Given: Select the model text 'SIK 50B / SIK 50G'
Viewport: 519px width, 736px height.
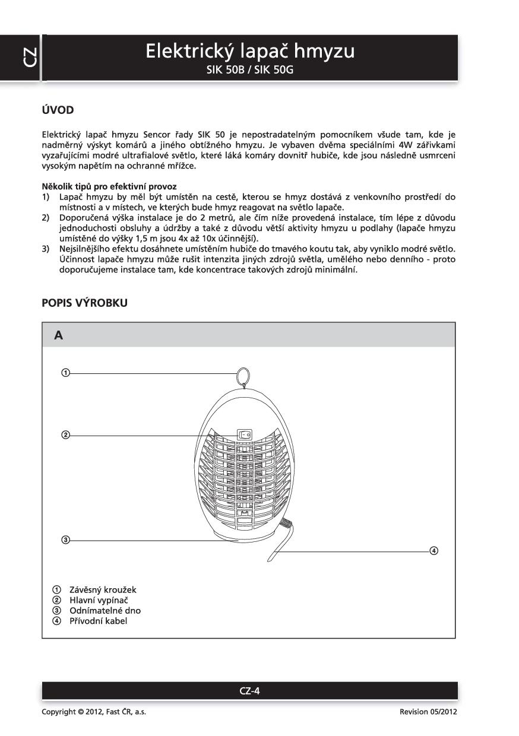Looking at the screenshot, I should (x=250, y=70).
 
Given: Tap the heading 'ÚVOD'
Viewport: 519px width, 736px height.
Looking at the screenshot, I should (x=58, y=110).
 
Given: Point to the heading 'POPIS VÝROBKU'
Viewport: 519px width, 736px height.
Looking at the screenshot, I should (x=84, y=303).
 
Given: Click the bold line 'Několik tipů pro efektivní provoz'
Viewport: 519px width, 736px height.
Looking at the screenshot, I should (x=109, y=186).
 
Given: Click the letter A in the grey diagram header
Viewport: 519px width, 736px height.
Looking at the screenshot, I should (x=58, y=335).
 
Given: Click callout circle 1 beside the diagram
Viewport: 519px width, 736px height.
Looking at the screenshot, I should (x=65, y=373).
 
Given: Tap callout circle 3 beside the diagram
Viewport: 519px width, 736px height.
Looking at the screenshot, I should (x=65, y=540).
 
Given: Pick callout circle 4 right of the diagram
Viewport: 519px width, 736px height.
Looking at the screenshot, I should (x=434, y=551).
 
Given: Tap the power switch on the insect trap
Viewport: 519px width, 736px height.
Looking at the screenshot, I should (x=245, y=434).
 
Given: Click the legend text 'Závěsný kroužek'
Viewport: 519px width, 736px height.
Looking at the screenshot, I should (x=103, y=590).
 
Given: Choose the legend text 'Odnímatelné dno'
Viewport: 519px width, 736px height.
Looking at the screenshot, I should (x=105, y=610).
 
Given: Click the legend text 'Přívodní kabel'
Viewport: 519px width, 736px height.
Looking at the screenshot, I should (x=99, y=621).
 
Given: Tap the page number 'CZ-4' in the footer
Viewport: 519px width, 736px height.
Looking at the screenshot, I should (x=249, y=691).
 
